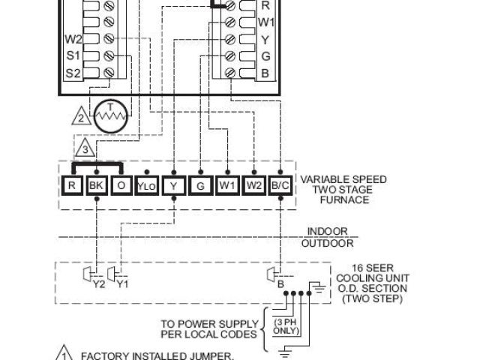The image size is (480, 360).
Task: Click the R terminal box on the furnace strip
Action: (71, 184)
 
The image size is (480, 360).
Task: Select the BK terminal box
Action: (96, 184)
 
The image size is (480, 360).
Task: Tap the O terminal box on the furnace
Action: (121, 184)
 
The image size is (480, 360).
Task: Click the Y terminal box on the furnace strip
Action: (174, 184)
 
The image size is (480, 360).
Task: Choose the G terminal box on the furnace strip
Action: (200, 184)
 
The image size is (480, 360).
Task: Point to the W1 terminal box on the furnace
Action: (227, 184)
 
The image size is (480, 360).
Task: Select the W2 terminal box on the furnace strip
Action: (254, 184)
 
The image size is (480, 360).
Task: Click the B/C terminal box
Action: (280, 184)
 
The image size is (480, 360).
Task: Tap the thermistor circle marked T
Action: (112, 115)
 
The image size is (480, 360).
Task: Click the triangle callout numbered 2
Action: (82, 116)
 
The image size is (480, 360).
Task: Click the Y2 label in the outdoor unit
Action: (97, 285)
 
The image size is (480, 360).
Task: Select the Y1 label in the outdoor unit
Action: (123, 285)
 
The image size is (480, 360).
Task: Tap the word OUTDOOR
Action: (328, 244)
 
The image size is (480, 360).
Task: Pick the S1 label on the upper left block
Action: (73, 55)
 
